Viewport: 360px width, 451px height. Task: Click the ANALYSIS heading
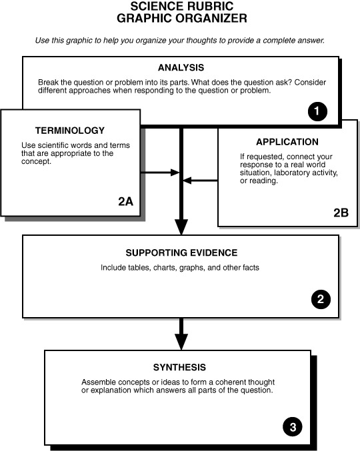click(181, 67)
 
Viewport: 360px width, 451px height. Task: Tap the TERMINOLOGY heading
click(70, 131)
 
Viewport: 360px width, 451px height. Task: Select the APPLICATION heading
click(287, 142)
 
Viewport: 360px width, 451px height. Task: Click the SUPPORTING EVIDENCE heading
click(181, 253)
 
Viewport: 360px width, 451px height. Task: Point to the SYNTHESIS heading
click(179, 367)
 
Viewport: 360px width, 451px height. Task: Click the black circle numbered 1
click(317, 111)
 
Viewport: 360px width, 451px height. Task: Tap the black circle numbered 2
click(321, 299)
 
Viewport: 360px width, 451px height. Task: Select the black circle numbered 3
click(293, 427)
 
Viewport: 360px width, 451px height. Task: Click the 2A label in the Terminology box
click(125, 202)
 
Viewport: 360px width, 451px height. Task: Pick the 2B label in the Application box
click(341, 213)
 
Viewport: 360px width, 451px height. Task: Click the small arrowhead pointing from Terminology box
click(175, 173)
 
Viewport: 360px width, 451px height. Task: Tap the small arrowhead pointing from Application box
click(187, 181)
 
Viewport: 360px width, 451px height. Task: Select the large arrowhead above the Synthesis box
click(181, 342)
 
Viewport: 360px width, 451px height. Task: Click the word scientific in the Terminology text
click(53, 145)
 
